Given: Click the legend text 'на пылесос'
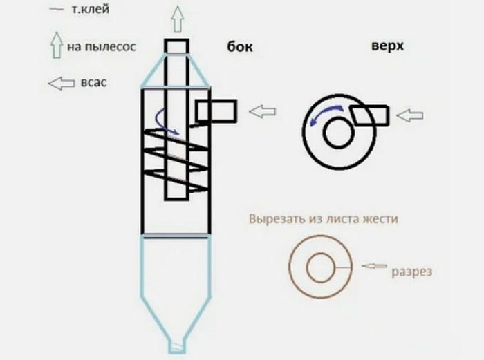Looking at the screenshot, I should click(102, 47).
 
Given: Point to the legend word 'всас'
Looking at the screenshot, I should click(92, 82).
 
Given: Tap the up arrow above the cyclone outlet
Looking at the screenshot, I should click(177, 19).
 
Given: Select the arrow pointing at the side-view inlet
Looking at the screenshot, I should click(263, 111).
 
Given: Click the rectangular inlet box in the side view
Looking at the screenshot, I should click(216, 110).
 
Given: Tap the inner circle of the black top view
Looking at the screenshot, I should click(337, 134).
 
